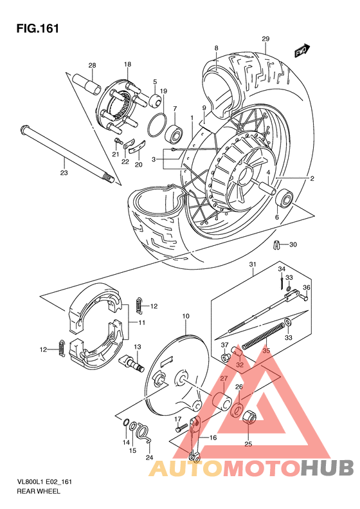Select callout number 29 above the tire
tap(265, 40)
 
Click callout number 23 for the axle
tap(64, 172)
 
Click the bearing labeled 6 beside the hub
tap(283, 198)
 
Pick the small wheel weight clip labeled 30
tap(277, 245)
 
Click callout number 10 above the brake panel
tap(186, 316)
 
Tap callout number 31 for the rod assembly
tap(253, 264)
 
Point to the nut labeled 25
tap(249, 418)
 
